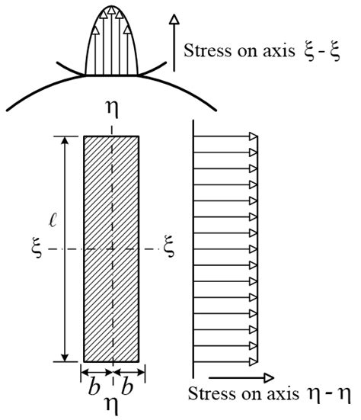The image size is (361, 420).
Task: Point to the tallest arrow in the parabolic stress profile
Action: coord(112,30)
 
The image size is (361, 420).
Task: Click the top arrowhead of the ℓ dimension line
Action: coord(65,141)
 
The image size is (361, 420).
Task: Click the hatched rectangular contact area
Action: coord(112,248)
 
